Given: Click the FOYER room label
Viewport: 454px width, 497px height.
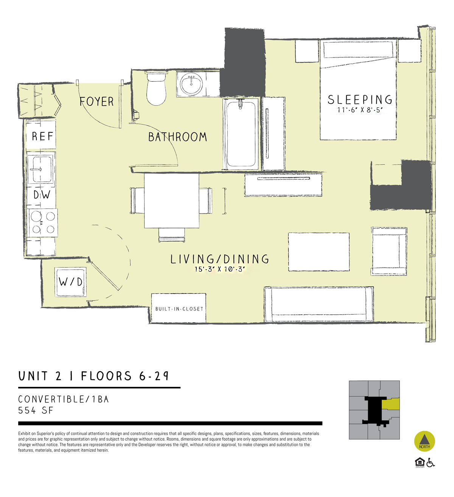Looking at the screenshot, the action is pyautogui.click(x=96, y=102).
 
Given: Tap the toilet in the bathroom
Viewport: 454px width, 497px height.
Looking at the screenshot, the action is pyautogui.click(x=156, y=88).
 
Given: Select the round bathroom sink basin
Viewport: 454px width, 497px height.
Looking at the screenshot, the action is pyautogui.click(x=191, y=84).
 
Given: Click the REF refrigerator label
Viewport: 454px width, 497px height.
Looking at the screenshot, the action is pyautogui.click(x=42, y=136).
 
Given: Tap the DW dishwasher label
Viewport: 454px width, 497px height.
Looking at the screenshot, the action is pyautogui.click(x=42, y=195).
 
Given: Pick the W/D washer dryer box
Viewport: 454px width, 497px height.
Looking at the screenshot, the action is pyautogui.click(x=71, y=282).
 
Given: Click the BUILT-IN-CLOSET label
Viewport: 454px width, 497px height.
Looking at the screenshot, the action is pyautogui.click(x=179, y=309).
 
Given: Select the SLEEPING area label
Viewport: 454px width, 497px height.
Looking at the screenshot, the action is pyautogui.click(x=360, y=99).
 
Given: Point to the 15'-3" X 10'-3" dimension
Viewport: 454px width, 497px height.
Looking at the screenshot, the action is pyautogui.click(x=219, y=269).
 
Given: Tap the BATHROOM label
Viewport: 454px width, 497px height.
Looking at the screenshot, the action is pyautogui.click(x=177, y=137).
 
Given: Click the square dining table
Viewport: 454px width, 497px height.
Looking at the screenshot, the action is pyautogui.click(x=172, y=201).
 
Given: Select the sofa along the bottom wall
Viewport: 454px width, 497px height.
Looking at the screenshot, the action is pyautogui.click(x=319, y=304).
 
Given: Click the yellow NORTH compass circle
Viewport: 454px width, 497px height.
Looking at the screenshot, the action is pyautogui.click(x=424, y=441).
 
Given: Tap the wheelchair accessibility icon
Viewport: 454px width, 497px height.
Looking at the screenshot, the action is pyautogui.click(x=431, y=463).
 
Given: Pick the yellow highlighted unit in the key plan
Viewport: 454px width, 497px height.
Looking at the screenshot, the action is pyautogui.click(x=390, y=404).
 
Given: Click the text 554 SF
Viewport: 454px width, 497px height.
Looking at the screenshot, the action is pyautogui.click(x=36, y=410).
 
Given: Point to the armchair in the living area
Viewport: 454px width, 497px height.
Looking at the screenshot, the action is pyautogui.click(x=389, y=251).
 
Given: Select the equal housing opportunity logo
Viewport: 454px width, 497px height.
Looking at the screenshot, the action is pyautogui.click(x=420, y=463).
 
